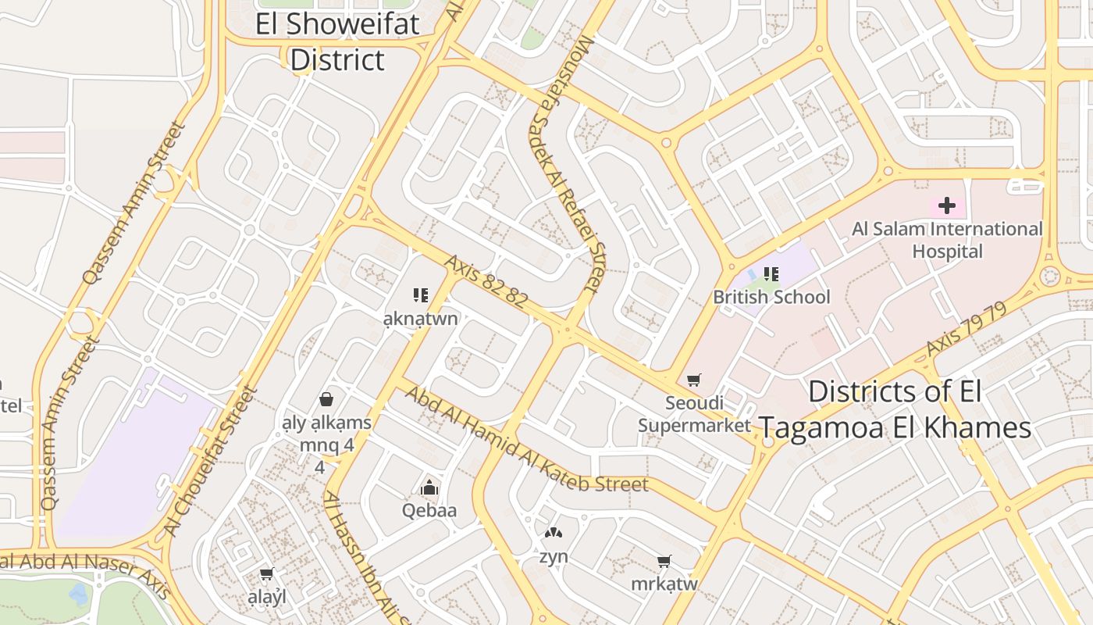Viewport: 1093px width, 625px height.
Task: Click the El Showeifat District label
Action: point(337,41)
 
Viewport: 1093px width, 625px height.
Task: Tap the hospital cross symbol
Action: point(946,205)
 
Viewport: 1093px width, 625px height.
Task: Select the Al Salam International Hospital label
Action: point(947,240)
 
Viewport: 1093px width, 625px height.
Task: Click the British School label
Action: point(771,297)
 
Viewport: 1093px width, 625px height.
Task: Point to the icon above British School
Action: point(771,274)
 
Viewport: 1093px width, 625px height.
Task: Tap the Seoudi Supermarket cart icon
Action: point(693,380)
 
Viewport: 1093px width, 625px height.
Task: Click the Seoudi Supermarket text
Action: point(694,414)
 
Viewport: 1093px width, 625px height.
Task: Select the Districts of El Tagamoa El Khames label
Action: point(895,409)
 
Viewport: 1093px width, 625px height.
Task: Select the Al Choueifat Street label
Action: point(211,461)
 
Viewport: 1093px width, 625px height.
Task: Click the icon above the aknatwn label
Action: point(421,295)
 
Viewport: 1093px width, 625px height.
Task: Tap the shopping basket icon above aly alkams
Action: point(326,399)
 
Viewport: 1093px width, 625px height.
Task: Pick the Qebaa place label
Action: point(429,511)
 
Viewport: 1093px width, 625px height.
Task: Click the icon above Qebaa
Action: point(429,488)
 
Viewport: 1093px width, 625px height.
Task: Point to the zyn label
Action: point(553,557)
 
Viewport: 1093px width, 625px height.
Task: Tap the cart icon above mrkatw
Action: point(664,561)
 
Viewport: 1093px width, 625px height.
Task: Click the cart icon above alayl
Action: point(266,574)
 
